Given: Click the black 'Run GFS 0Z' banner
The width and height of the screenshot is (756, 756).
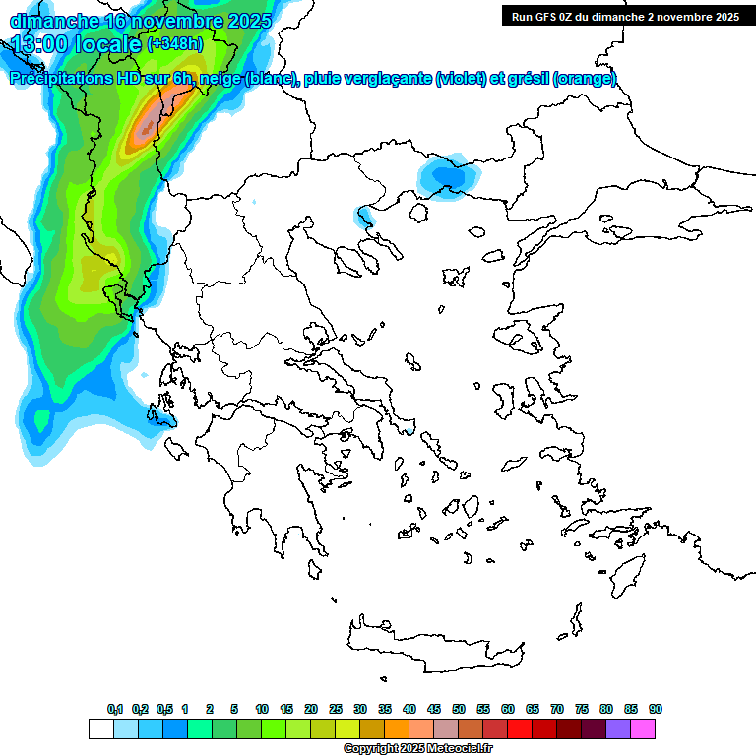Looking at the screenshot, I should (625, 16).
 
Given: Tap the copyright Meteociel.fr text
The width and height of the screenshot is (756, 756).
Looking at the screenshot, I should (417, 749).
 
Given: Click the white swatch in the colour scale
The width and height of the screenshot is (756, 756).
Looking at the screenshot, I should (101, 729).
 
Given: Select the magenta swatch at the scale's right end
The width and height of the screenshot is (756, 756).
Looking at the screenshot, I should (644, 729).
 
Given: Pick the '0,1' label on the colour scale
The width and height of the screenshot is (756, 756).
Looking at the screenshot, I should (115, 710).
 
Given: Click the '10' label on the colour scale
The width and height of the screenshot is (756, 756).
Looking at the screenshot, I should (262, 710).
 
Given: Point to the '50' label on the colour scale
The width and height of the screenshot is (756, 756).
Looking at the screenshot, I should (459, 710).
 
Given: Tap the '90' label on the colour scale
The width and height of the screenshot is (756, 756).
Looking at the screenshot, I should (656, 710).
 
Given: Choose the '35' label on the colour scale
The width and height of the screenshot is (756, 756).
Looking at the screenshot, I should (385, 710).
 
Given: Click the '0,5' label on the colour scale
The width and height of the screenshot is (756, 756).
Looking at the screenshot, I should (164, 710).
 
